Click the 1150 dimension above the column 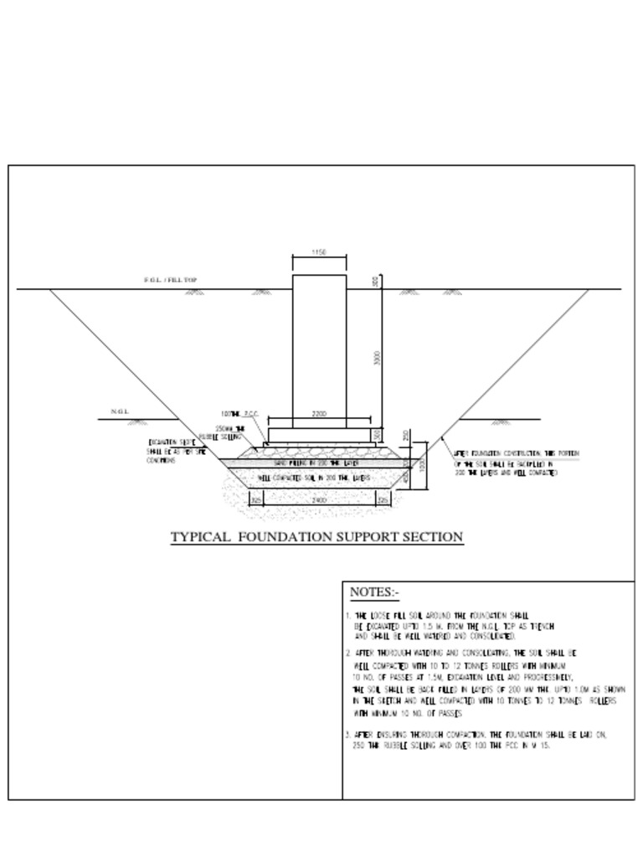coord(318,251)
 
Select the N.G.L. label coord(119,411)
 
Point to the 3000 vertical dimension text coord(378,359)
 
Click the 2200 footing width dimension coord(318,414)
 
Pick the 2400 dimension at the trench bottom coord(318,499)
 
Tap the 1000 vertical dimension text coord(422,463)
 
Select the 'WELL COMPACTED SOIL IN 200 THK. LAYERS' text coord(314,478)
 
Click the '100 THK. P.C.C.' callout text coord(240,414)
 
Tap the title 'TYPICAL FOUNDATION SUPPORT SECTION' coord(316,537)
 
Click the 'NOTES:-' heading coord(373,592)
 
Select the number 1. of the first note coord(347,616)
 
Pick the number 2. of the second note coord(347,653)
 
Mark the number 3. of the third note coord(347,735)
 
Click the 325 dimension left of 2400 coord(256,499)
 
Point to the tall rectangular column coord(319,352)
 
